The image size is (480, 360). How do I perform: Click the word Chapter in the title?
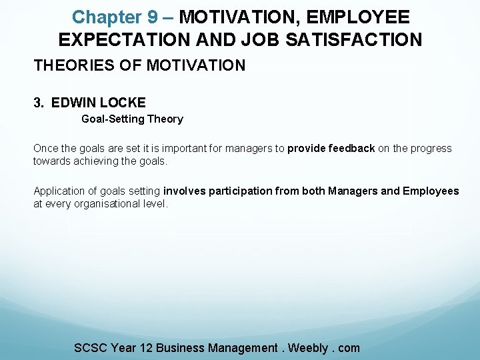107,17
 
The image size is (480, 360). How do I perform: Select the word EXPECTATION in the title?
125,40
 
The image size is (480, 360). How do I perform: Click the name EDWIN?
75,103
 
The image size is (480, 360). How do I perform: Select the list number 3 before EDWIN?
39,103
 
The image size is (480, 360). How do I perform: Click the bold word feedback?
351,148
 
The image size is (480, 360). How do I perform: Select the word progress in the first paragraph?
430,148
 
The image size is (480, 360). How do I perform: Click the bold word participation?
241,191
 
